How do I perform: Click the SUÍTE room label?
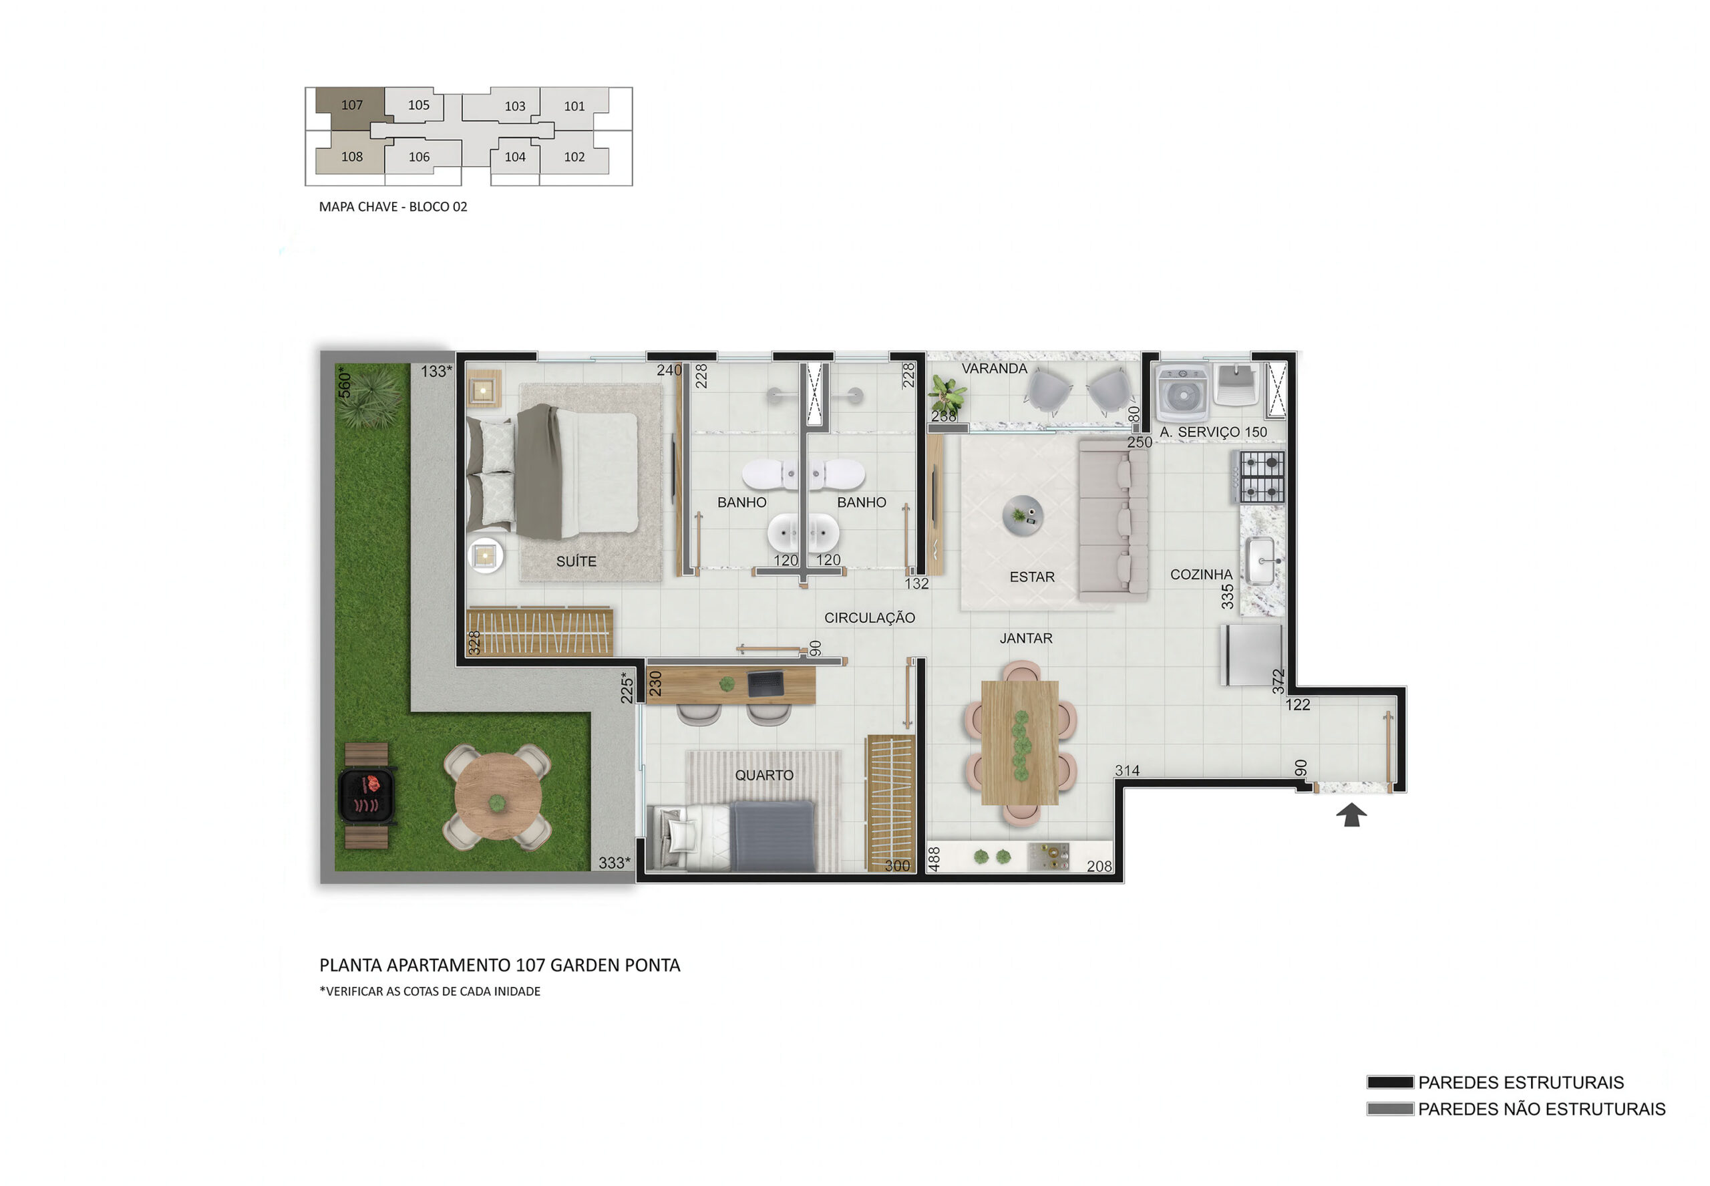point(576,562)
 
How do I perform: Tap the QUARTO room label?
point(763,775)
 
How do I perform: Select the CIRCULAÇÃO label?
point(869,617)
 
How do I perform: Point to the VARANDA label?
point(994,369)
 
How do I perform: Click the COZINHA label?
point(1200,575)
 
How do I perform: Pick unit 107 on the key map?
point(351,105)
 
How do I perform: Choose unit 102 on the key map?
point(574,157)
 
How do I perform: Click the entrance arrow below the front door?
point(1351,814)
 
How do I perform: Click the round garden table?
point(498,796)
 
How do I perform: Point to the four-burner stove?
point(1260,476)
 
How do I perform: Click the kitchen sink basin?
point(1261,561)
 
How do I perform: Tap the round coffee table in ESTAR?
point(1023,515)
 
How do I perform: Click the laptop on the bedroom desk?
point(765,684)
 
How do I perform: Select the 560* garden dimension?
point(345,382)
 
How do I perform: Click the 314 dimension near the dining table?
point(1127,770)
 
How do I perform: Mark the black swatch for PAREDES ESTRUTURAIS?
point(1390,1082)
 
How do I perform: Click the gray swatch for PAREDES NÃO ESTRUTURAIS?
point(1390,1108)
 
